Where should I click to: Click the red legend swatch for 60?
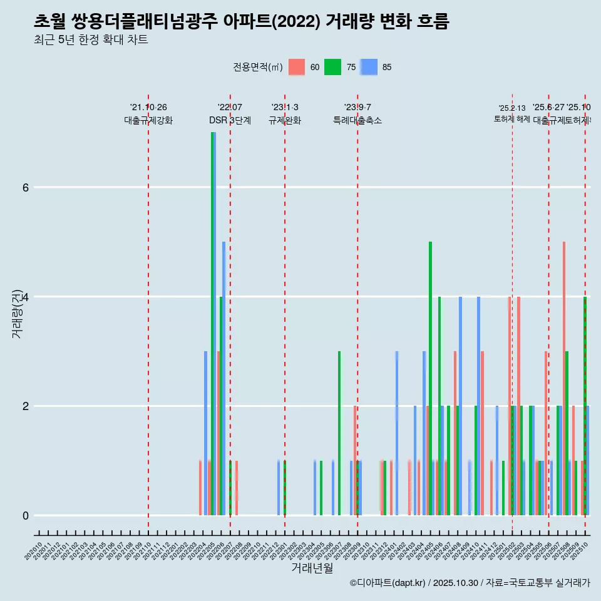pos(297,67)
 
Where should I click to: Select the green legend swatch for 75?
pos(333,67)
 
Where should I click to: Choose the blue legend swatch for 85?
pos(369,67)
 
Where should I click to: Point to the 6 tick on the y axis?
pos(25,187)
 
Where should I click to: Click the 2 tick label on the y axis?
pos(25,406)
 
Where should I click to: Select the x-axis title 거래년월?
pos(312,568)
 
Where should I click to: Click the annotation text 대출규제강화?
pos(148,120)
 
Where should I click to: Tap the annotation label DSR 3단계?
pos(230,120)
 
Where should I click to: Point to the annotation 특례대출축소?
pos(357,120)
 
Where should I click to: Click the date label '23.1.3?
pos(285,107)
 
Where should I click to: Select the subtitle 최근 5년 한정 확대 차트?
pos(91,40)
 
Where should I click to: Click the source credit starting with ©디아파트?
pos(470,583)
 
